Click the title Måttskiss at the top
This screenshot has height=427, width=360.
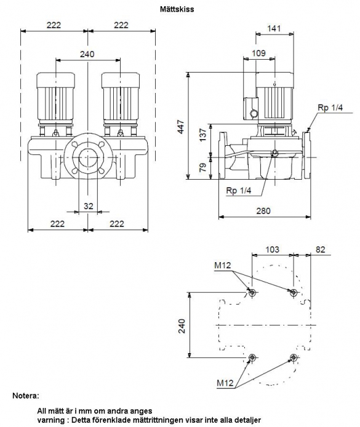(x=177, y=9)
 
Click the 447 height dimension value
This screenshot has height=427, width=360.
(x=181, y=126)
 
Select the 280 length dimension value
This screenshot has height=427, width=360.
(x=263, y=211)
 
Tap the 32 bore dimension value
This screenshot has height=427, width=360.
(x=88, y=206)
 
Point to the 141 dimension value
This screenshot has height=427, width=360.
(x=274, y=28)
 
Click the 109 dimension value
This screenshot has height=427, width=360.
(x=258, y=53)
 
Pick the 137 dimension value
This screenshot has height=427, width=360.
(x=203, y=135)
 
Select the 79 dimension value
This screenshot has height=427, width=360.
(x=203, y=167)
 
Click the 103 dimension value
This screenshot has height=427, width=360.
(x=273, y=249)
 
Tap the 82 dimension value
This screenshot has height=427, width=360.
(x=320, y=249)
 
